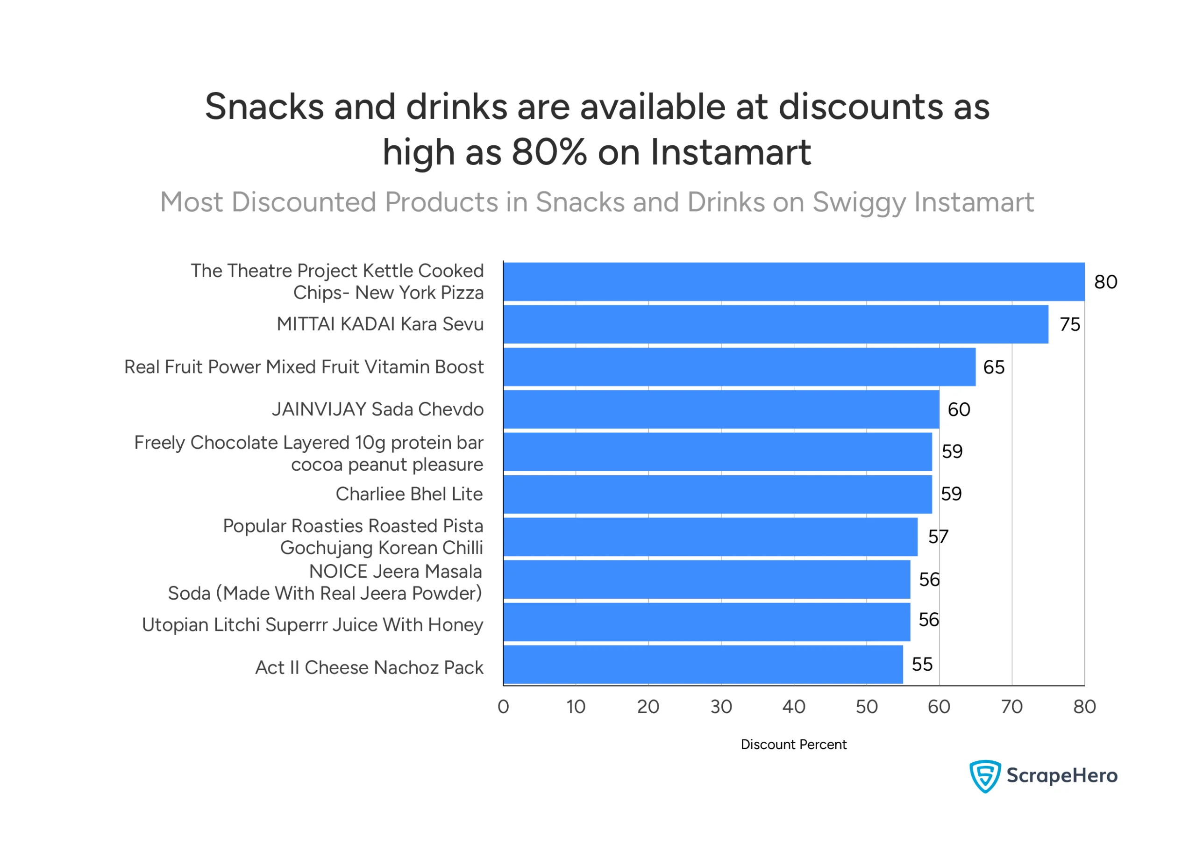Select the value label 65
(x=994, y=367)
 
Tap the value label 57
(x=938, y=537)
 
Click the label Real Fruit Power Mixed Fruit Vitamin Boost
(x=304, y=367)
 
